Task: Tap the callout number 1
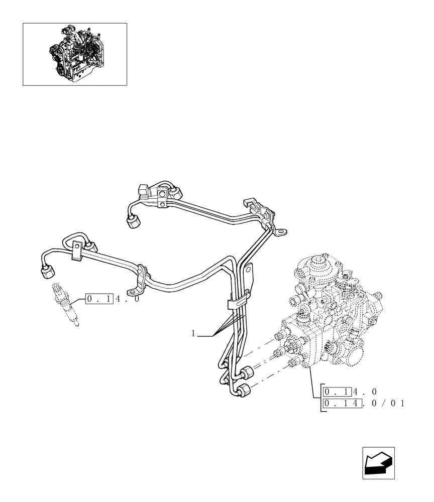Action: click(x=193, y=333)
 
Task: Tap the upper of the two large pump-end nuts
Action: click(x=247, y=373)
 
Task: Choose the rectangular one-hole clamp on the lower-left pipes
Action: click(x=76, y=250)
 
